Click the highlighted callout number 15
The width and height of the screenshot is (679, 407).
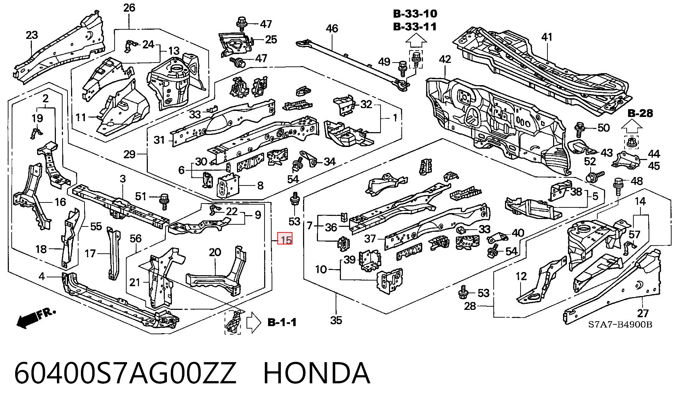[x=285, y=240]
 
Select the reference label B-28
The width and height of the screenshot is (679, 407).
[x=640, y=113]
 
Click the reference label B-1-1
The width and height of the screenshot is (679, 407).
[x=282, y=322]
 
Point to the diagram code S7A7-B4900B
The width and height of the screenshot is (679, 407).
[x=620, y=325]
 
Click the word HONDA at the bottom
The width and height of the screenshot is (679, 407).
[x=317, y=373]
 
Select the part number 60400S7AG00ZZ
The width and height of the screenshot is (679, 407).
[x=125, y=373]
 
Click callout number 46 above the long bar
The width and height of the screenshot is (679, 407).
[x=332, y=28]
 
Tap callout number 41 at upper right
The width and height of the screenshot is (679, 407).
[x=547, y=37]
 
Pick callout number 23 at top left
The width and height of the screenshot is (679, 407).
[x=32, y=35]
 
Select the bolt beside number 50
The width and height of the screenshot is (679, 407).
[x=580, y=130]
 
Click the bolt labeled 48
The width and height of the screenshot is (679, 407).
[x=618, y=186]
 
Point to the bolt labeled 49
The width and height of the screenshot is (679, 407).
[x=402, y=69]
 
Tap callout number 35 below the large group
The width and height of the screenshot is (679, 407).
[x=336, y=320]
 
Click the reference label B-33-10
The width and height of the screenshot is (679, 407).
[x=415, y=14]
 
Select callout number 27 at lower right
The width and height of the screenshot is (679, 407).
[x=643, y=313]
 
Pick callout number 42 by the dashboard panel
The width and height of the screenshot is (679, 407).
[x=445, y=59]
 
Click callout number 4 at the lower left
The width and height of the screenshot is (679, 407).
[x=42, y=276]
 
